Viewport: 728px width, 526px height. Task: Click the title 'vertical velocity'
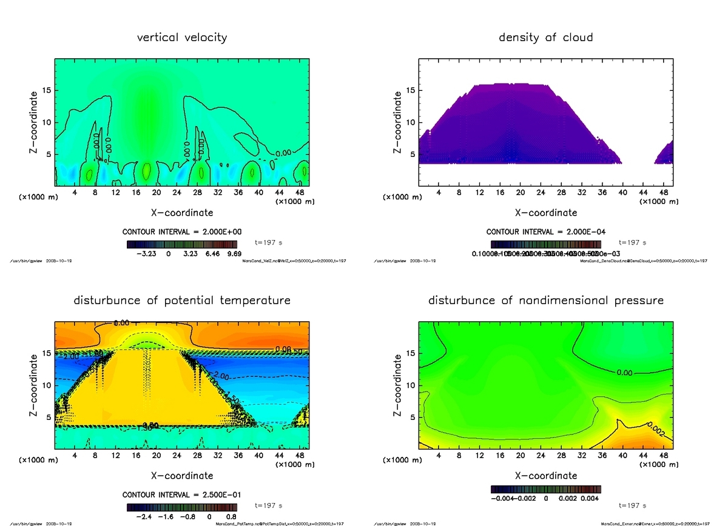(182, 38)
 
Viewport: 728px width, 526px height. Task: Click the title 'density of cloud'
(545, 38)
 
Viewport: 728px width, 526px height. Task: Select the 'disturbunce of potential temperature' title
(182, 301)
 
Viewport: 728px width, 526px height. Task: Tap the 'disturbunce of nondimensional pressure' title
(546, 301)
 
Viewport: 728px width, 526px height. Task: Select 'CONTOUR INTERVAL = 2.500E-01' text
(182, 494)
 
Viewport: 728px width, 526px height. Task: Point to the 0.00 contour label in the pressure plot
(625, 373)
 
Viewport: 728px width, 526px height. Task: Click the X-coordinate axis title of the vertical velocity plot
(182, 213)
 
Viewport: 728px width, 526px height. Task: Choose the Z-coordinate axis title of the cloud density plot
(398, 121)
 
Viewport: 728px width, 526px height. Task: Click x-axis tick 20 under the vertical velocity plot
(157, 193)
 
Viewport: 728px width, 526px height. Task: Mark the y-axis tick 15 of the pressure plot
(411, 353)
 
